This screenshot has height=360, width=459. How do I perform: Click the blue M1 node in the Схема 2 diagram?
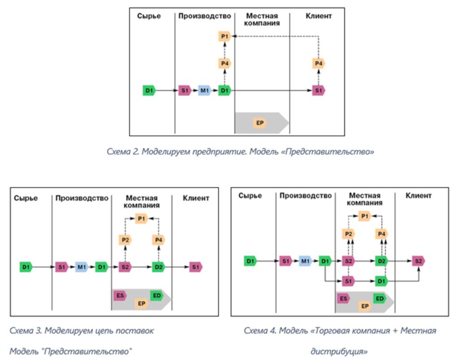click(x=204, y=91)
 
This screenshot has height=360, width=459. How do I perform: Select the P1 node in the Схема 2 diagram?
click(x=225, y=36)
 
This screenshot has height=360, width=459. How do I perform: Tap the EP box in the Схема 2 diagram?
click(x=260, y=123)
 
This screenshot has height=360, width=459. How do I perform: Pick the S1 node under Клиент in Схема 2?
click(x=319, y=91)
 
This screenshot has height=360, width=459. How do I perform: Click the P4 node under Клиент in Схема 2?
click(x=319, y=64)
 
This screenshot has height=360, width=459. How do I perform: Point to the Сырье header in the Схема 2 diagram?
click(x=149, y=16)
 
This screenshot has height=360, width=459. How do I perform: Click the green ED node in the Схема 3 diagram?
click(x=156, y=295)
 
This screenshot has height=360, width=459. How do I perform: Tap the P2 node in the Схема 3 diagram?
click(x=125, y=240)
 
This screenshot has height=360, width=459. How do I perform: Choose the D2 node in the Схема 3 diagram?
click(x=158, y=267)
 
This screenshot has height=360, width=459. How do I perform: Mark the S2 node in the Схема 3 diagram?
click(x=125, y=267)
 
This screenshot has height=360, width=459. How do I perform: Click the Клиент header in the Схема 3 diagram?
click(x=196, y=198)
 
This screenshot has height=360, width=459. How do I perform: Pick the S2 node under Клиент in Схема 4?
click(x=418, y=261)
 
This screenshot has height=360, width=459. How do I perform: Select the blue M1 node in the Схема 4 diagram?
click(x=305, y=261)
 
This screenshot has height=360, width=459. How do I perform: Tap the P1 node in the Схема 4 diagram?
click(x=364, y=217)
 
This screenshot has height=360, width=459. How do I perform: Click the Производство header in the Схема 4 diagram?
click(x=306, y=196)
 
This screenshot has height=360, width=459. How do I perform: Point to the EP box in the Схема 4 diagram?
click(x=365, y=306)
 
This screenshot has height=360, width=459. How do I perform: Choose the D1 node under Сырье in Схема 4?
click(x=251, y=261)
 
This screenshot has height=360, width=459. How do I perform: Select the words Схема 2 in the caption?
click(x=123, y=152)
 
